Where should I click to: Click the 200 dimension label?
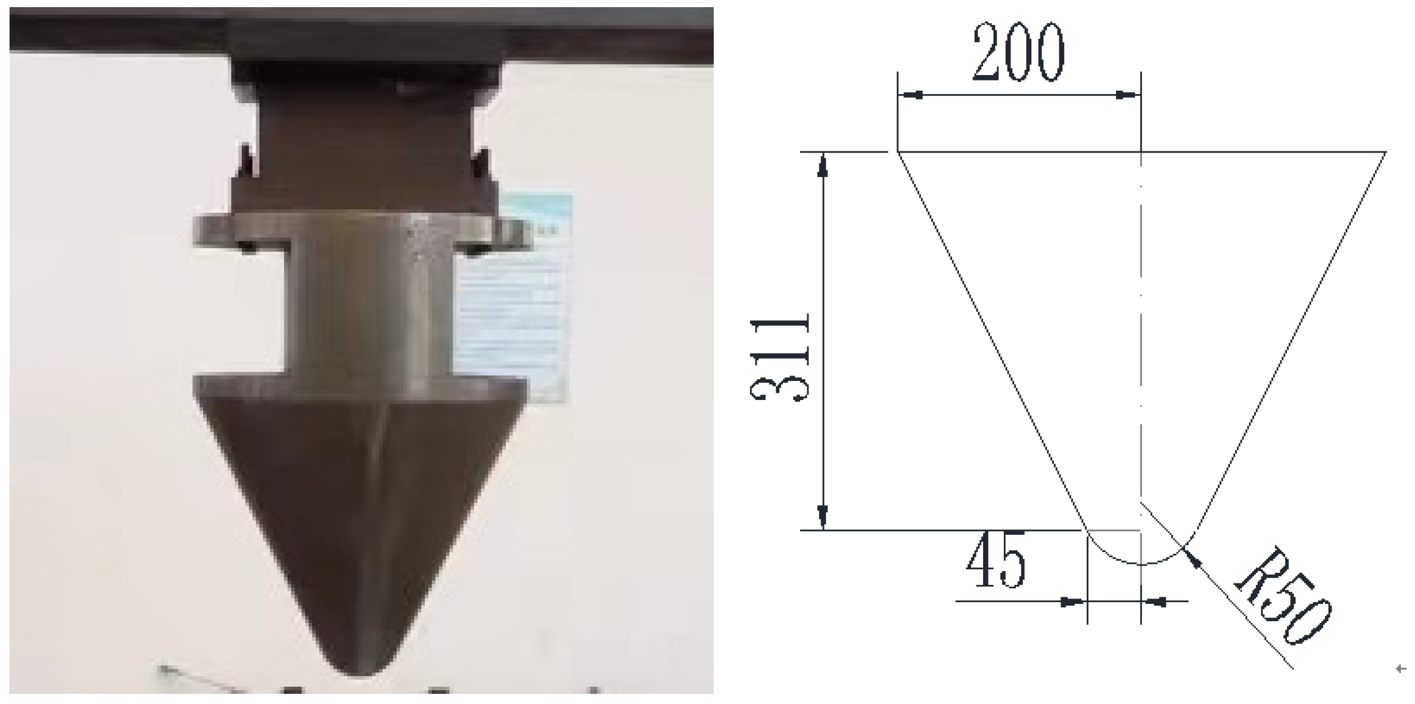[1018, 52]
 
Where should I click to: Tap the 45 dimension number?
[996, 560]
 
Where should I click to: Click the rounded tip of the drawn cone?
[1141, 563]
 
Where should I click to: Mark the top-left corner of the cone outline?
[898, 153]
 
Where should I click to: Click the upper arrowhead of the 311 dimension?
[823, 163]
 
